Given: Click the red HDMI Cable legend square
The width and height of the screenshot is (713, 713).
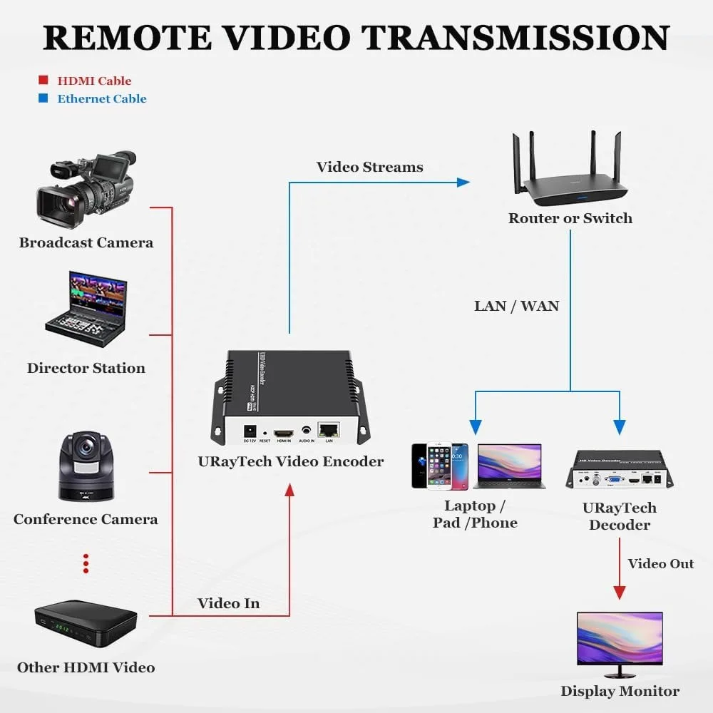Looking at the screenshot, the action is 43,81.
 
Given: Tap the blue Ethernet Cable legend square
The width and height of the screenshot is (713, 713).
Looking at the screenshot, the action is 43,98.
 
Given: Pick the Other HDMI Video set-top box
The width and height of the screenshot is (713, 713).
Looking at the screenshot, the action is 86,624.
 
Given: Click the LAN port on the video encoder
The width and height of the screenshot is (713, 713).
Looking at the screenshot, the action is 329,430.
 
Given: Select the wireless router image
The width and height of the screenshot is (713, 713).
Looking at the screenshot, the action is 570,178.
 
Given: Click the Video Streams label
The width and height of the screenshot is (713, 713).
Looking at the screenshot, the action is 369,168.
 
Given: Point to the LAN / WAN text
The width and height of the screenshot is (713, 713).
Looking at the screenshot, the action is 517,306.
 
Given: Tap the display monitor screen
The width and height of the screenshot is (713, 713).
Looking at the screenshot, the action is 620,637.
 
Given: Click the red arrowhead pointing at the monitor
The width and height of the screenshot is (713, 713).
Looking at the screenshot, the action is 620,593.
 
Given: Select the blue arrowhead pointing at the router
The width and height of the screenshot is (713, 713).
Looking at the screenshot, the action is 463,183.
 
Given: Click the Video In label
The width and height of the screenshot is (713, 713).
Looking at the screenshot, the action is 228,603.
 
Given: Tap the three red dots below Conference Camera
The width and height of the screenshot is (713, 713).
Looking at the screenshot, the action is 86,563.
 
